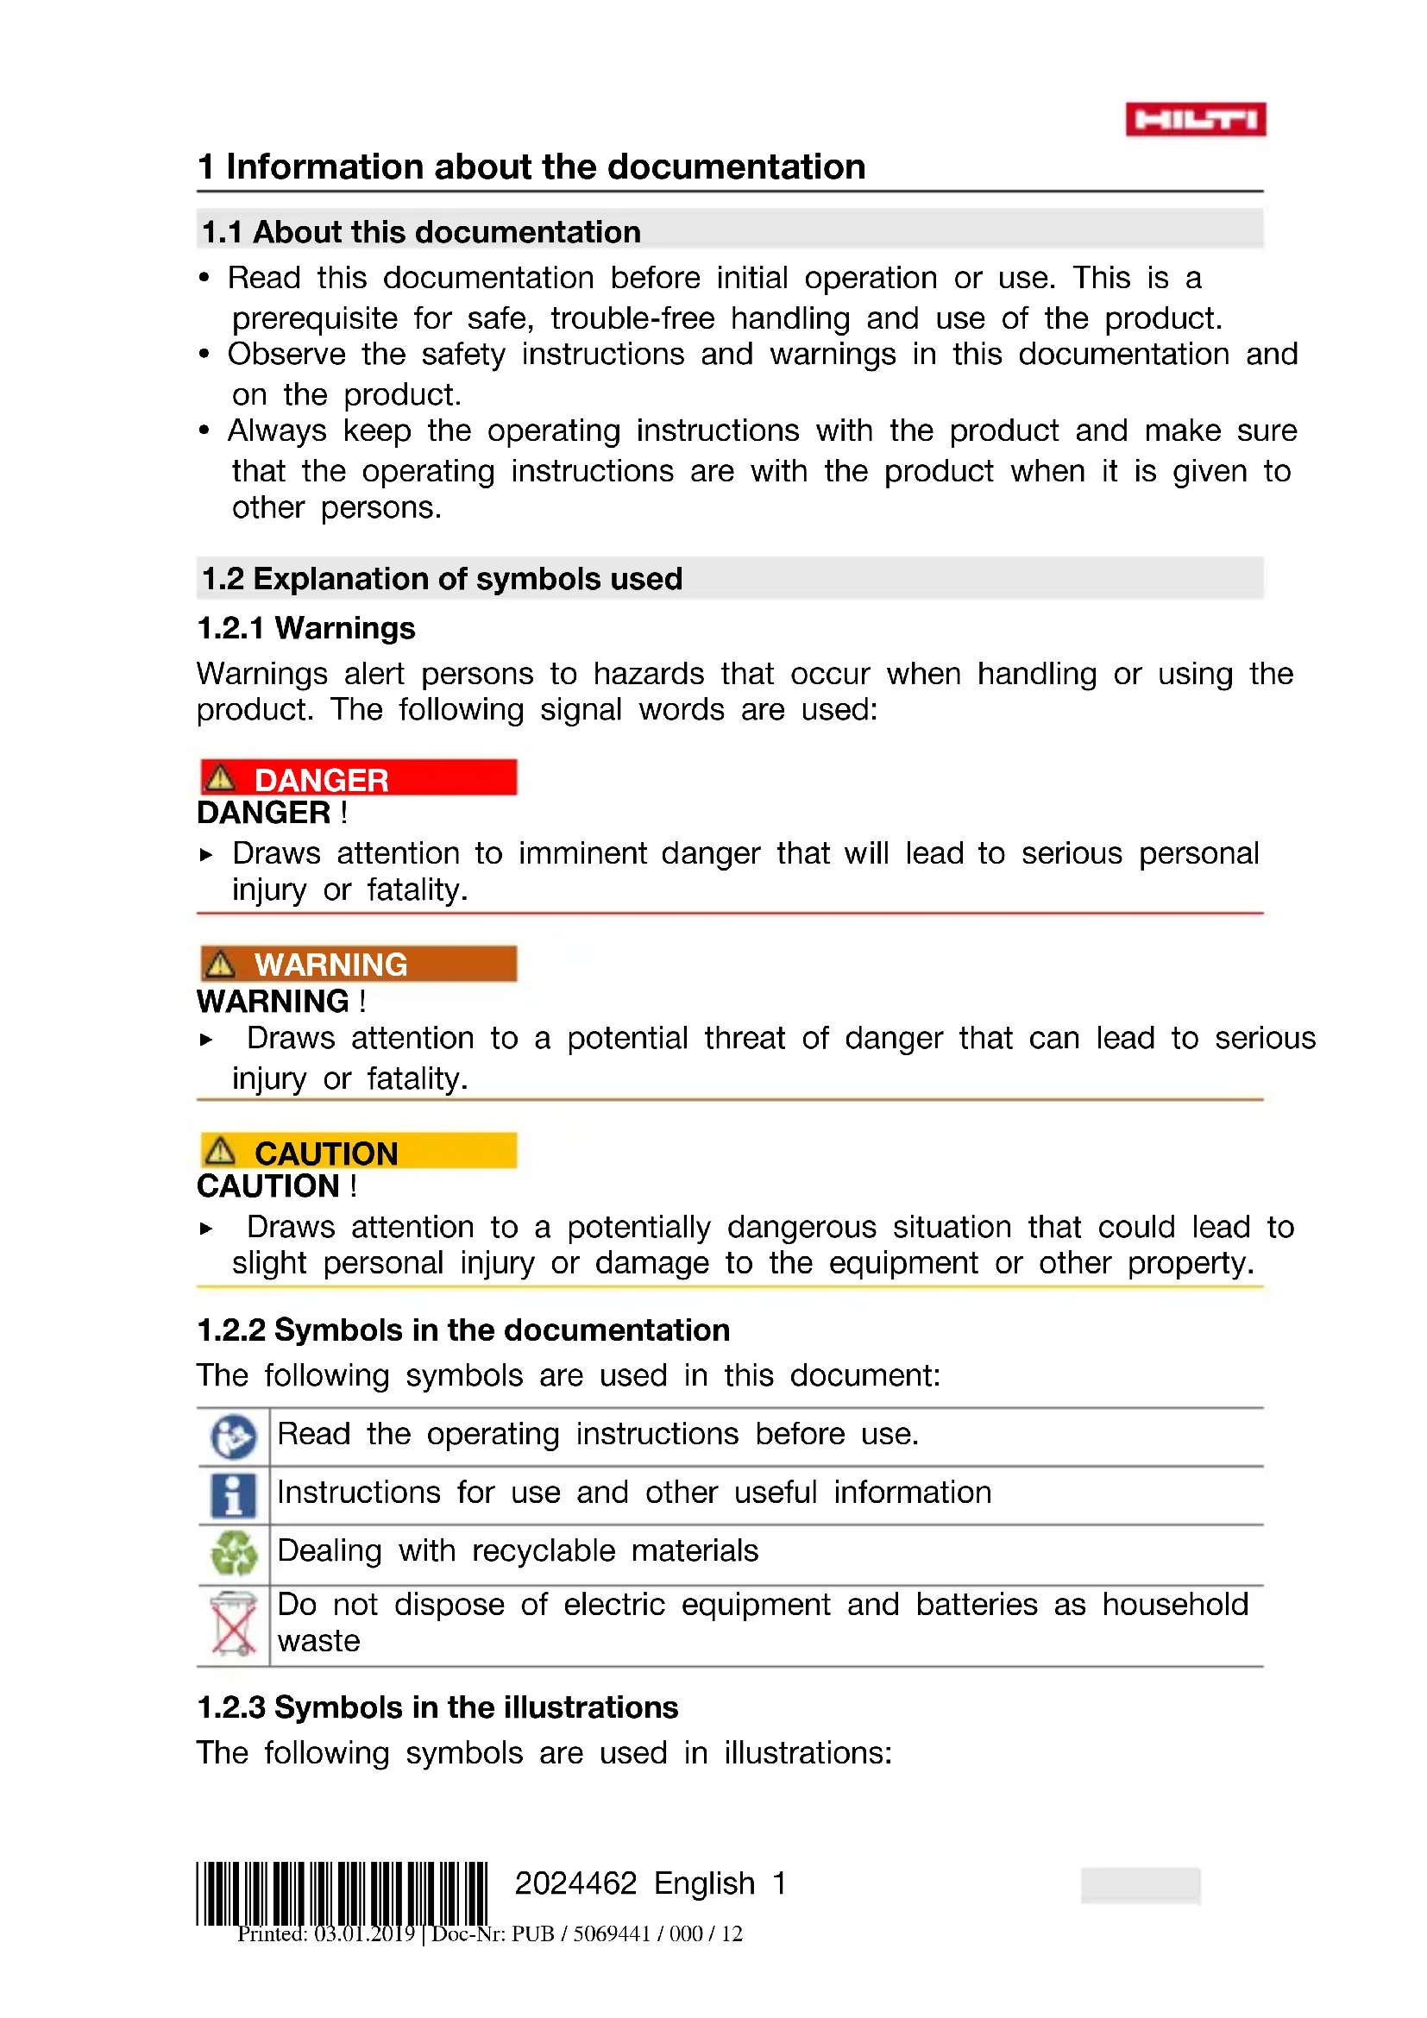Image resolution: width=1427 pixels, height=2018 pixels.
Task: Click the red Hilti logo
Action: pyautogui.click(x=1195, y=120)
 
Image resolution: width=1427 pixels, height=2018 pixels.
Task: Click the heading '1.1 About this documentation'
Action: pyautogui.click(x=421, y=232)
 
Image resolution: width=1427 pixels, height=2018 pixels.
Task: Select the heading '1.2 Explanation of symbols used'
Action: pyautogui.click(x=441, y=578)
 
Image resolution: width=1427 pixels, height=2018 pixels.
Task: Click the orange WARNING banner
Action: pyautogui.click(x=359, y=965)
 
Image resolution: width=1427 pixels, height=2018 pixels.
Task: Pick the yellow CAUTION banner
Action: pyautogui.click(x=359, y=1152)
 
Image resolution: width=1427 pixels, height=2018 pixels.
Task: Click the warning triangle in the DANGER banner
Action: pyautogui.click(x=220, y=778)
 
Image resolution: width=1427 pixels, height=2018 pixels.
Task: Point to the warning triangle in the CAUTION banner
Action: pyautogui.click(x=220, y=1151)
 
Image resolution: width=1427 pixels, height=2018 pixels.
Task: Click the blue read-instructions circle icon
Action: pyautogui.click(x=233, y=1437)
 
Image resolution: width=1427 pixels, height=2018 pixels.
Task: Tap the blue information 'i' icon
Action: pyautogui.click(x=233, y=1495)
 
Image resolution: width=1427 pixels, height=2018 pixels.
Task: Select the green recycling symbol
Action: pyautogui.click(x=234, y=1553)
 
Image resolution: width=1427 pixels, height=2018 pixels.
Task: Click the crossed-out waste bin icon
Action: pyautogui.click(x=233, y=1624)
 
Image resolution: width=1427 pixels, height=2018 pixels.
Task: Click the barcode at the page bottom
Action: pyautogui.click(x=341, y=1893)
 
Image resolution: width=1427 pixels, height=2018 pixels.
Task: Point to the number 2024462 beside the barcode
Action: pyautogui.click(x=575, y=1883)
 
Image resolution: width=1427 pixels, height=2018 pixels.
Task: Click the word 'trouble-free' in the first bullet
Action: pyautogui.click(x=632, y=318)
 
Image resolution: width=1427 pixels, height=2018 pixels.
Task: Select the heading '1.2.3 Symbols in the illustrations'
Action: pyautogui.click(x=437, y=1707)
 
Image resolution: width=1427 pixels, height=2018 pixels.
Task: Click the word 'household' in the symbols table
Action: pyautogui.click(x=1175, y=1605)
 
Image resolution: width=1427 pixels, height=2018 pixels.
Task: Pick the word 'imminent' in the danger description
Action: pyautogui.click(x=581, y=853)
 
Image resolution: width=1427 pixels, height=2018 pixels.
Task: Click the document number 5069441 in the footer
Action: pyautogui.click(x=612, y=1933)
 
